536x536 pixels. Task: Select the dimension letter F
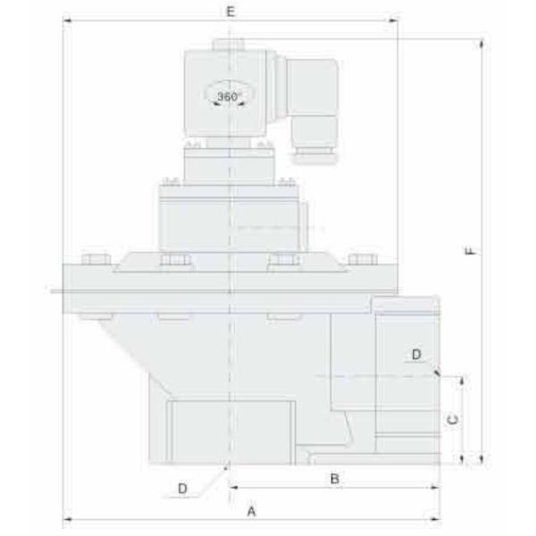pyautogui.click(x=471, y=251)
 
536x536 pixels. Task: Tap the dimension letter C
pyautogui.click(x=453, y=418)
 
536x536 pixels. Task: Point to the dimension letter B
pyautogui.click(x=334, y=479)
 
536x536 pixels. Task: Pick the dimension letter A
pyautogui.click(x=252, y=512)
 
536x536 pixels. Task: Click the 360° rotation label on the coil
pyautogui.click(x=230, y=96)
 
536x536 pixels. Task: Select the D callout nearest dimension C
pyautogui.click(x=416, y=355)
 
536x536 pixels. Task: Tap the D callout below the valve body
pyautogui.click(x=182, y=488)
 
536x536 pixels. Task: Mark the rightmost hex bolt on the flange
pyautogui.click(x=362, y=260)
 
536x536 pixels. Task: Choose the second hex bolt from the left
pyautogui.click(x=174, y=261)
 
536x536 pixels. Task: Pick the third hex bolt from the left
pyautogui.click(x=283, y=261)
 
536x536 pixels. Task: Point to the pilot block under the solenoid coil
pyautogui.click(x=230, y=163)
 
